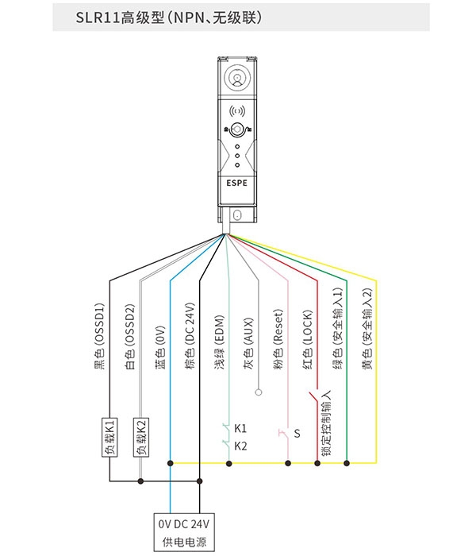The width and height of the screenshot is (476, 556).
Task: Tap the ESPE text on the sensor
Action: pyautogui.click(x=237, y=183)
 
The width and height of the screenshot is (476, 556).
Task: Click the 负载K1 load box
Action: pyautogui.click(x=109, y=437)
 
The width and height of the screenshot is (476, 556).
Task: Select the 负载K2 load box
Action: pyautogui.click(x=141, y=437)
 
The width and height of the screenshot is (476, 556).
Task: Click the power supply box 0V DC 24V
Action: pyautogui.click(x=184, y=532)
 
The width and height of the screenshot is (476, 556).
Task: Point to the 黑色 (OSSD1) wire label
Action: pyautogui.click(x=99, y=336)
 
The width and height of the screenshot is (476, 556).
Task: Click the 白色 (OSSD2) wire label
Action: pyautogui.click(x=130, y=336)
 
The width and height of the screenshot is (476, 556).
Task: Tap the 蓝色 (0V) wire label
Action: pyautogui.click(x=160, y=348)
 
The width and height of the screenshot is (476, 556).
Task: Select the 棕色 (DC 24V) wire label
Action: pyautogui.click(x=190, y=335)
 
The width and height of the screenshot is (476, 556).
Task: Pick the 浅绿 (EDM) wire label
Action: pyautogui.click(x=220, y=342)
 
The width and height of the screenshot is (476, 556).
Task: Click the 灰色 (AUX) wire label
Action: pyautogui.click(x=249, y=344)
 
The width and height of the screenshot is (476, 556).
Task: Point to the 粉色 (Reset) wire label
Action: pyautogui.click(x=278, y=340)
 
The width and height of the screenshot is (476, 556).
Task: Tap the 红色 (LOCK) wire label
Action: pyautogui.click(x=308, y=340)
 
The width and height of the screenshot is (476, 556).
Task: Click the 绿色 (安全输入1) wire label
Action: pyautogui.click(x=338, y=328)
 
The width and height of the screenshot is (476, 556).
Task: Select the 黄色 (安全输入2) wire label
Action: pyautogui.click(x=367, y=328)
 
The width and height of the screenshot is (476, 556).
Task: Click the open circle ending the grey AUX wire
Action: pyautogui.click(x=259, y=392)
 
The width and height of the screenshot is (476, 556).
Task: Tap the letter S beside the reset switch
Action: pyautogui.click(x=297, y=434)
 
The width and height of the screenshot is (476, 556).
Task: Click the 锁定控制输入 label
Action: pyautogui.click(x=326, y=423)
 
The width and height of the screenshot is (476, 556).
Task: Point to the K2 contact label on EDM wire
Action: pyautogui.click(x=240, y=446)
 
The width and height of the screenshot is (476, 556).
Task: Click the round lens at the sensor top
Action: pyautogui.click(x=237, y=77)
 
